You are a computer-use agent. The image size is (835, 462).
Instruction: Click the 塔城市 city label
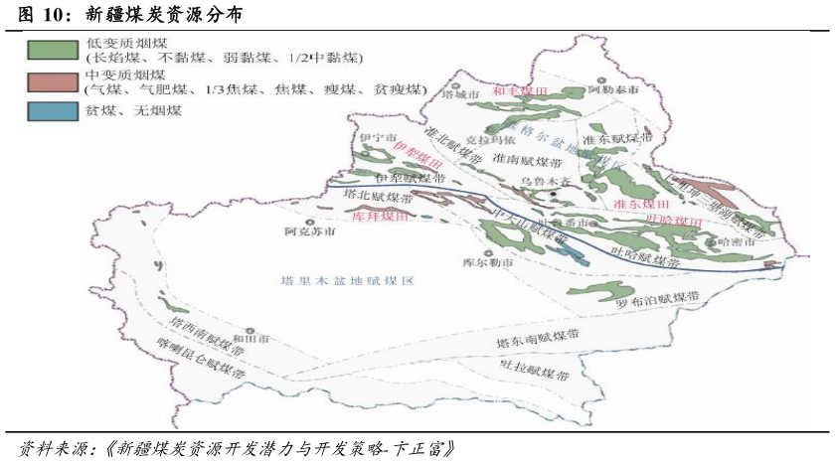pos(459,95)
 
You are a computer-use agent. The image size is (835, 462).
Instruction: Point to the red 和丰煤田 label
pos(520,90)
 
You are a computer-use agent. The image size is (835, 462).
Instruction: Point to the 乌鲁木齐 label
pos(547,182)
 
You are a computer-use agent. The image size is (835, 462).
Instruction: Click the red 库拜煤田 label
pos(381,216)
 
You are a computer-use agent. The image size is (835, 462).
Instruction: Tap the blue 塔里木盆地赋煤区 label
pos(346,281)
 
